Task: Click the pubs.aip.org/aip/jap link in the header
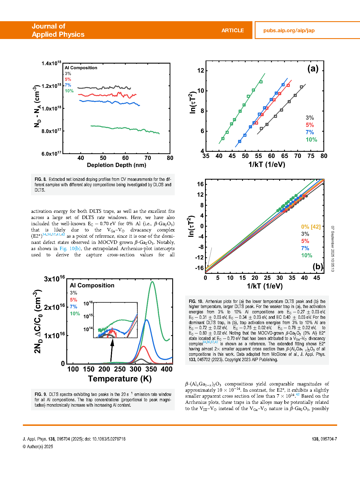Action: click(x=289, y=31)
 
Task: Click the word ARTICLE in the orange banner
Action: click(x=232, y=31)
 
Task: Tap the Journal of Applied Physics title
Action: click(x=58, y=30)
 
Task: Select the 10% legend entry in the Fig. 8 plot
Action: click(x=69, y=91)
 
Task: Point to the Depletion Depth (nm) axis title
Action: click(x=116, y=165)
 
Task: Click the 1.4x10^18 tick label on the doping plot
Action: click(x=51, y=63)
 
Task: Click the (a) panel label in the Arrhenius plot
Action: click(x=313, y=68)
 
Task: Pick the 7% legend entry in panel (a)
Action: click(x=309, y=132)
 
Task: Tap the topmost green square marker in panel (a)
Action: click(x=261, y=82)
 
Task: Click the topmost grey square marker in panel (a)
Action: click(x=302, y=87)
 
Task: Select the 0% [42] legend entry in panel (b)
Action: click(x=311, y=227)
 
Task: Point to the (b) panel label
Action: click(x=318, y=266)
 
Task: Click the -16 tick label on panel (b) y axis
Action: click(x=199, y=268)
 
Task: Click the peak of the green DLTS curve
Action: click(x=152, y=282)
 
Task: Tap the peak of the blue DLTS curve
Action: click(x=147, y=320)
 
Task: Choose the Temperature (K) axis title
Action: click(x=120, y=379)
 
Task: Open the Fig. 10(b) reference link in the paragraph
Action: click(x=70, y=248)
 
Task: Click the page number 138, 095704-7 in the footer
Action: click(x=324, y=439)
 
